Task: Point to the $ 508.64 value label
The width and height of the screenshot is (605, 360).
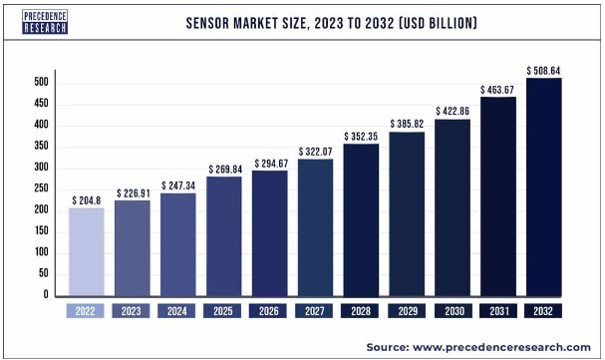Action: point(543,70)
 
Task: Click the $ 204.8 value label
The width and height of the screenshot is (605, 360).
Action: point(87,199)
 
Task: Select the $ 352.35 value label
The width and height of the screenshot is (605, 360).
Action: point(361,137)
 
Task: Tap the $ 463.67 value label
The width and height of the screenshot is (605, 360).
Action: point(497,89)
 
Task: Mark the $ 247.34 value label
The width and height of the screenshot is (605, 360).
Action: point(178,185)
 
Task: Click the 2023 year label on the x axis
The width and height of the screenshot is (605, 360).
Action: point(133,311)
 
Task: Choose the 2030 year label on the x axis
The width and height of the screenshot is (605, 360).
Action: point(452,311)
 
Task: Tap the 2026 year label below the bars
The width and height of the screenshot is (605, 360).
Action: point(269,311)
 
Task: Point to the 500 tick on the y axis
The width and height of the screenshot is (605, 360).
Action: point(43,83)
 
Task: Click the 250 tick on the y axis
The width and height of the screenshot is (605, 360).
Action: point(43,188)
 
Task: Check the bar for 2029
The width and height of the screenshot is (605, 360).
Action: point(407,213)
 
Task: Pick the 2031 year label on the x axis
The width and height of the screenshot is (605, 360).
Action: point(497,311)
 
